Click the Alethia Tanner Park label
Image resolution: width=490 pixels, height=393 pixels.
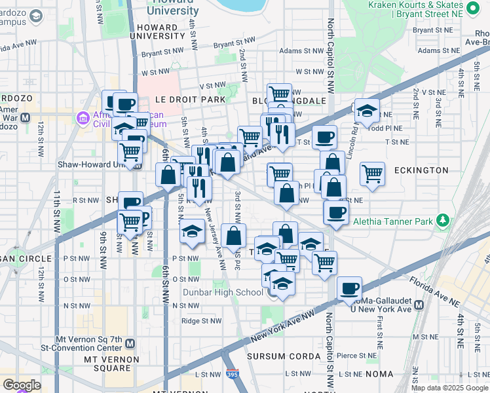(392, 221)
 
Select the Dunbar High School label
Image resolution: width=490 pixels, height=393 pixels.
(223, 292)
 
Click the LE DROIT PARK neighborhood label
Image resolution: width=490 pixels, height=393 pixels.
(190, 100)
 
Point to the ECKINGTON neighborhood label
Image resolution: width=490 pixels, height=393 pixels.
(421, 170)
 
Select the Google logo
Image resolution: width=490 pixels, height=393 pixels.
(22, 385)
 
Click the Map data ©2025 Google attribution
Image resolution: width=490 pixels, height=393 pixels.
(449, 388)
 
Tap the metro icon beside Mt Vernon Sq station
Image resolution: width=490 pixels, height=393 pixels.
(130, 343)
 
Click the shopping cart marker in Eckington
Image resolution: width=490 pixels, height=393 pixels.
(372, 174)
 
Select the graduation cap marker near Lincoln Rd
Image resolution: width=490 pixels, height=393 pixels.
(367, 109)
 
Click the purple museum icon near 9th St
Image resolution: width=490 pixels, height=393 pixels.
(83, 118)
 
